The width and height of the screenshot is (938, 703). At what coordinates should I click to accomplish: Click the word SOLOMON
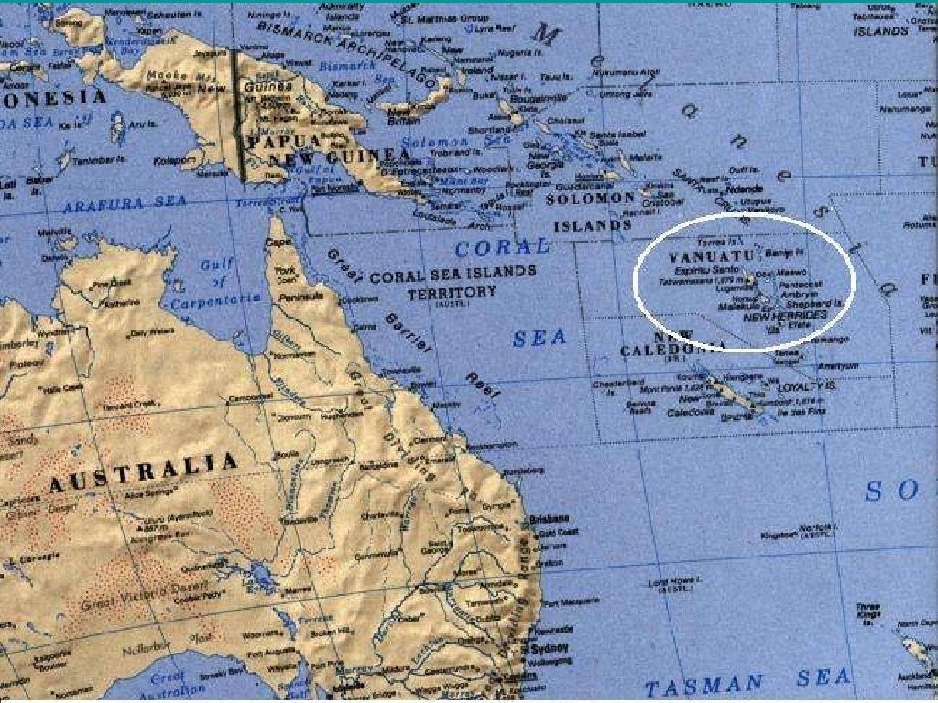[x=590, y=198]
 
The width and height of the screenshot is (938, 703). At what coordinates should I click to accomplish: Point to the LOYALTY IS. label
[x=807, y=387]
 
